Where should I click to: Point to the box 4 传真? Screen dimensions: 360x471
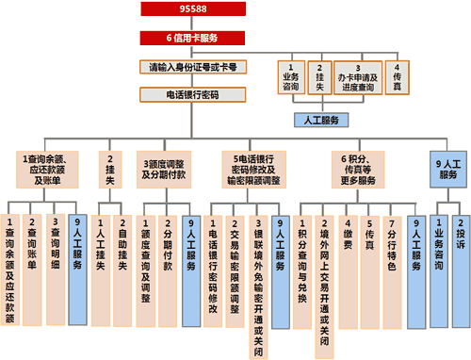398,75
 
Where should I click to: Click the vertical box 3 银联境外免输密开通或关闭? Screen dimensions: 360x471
255,283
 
